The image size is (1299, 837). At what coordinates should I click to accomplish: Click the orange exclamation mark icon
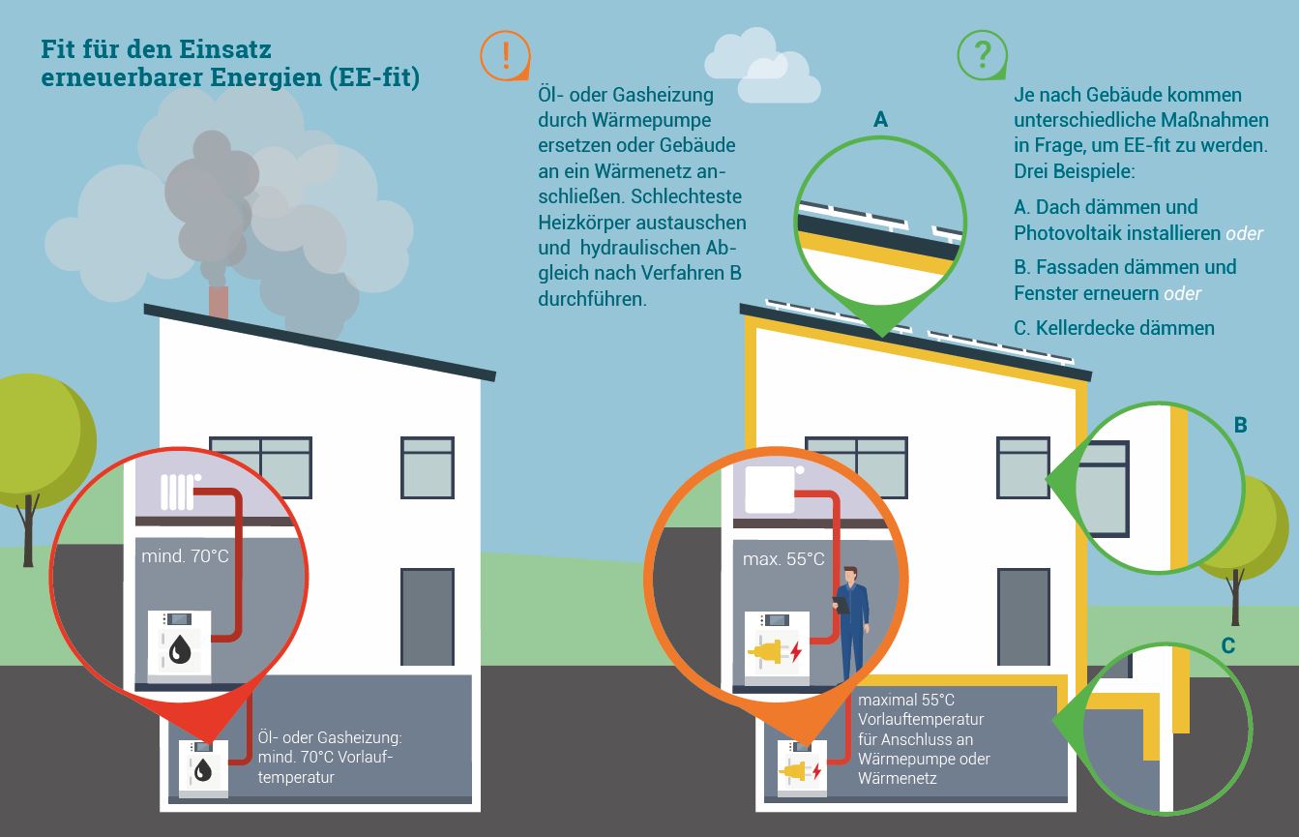point(504,54)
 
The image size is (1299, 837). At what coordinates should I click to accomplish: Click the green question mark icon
point(981,54)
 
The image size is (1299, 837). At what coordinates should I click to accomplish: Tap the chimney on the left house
point(220,301)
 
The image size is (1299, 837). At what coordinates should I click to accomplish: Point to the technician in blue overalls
point(851,619)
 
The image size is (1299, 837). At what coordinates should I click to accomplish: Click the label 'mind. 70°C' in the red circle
point(185,556)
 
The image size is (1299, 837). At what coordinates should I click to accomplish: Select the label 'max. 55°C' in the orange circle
point(783,559)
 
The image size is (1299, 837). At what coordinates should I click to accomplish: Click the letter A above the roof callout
point(880,119)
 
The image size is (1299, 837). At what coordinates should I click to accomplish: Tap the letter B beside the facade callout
point(1240,425)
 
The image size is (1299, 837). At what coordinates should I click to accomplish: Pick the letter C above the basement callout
point(1227,645)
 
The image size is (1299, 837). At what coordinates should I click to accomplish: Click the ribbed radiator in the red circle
point(178,491)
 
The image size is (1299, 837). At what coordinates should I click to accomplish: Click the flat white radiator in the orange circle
point(770,490)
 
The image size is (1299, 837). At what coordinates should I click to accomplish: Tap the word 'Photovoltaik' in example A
point(1068,234)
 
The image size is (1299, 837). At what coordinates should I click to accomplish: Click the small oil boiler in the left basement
point(203,767)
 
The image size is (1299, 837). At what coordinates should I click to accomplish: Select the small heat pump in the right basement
point(801,768)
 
